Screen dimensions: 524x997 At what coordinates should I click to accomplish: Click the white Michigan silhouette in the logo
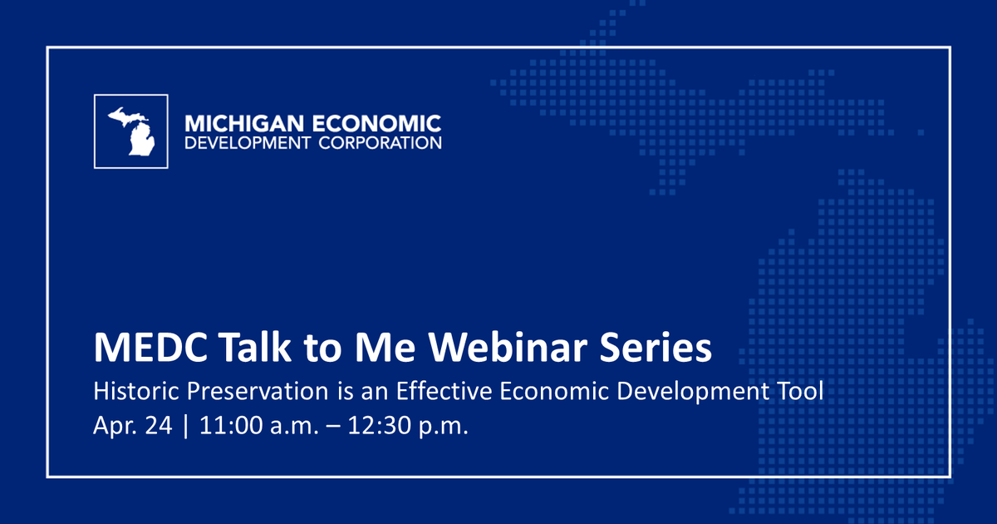pyautogui.click(x=132, y=131)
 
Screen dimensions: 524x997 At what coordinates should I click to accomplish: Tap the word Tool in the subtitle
pyautogui.click(x=801, y=392)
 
